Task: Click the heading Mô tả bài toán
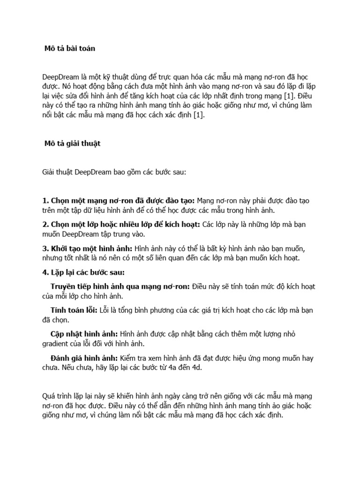70,48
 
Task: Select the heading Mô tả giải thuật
73,144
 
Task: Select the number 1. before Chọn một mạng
45,201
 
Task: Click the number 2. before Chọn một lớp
45,225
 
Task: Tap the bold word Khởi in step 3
61,248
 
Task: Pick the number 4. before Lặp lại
45,273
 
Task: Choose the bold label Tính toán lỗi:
73,310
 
